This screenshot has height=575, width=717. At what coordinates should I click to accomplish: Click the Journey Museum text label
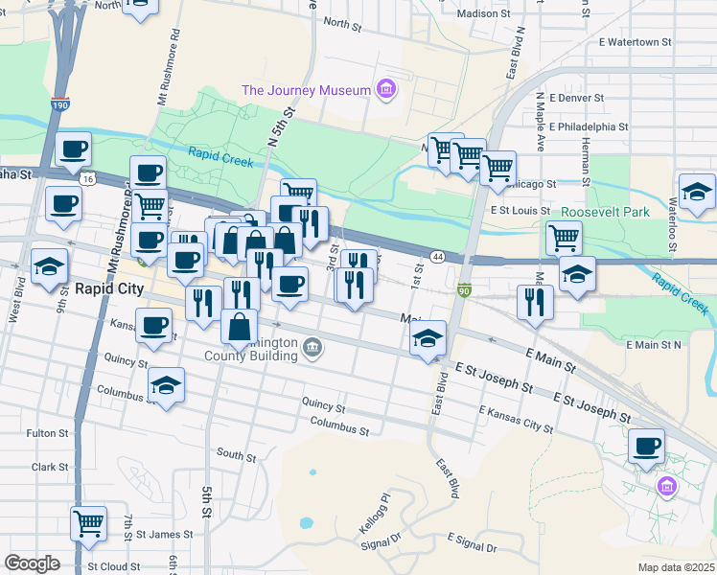coord(306,90)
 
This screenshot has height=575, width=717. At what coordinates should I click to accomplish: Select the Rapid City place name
coord(109,288)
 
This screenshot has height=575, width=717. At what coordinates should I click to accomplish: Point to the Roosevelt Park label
coord(605,212)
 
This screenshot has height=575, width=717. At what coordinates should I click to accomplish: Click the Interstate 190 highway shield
coord(61,104)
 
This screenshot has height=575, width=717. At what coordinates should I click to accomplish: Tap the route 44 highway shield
coord(437,257)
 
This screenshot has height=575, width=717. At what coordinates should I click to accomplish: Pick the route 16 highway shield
coord(87,178)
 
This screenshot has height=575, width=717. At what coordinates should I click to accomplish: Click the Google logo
coord(32,563)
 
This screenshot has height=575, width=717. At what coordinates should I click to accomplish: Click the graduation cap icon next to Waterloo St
coord(697,191)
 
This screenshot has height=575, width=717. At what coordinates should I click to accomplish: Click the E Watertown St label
coord(636,42)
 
